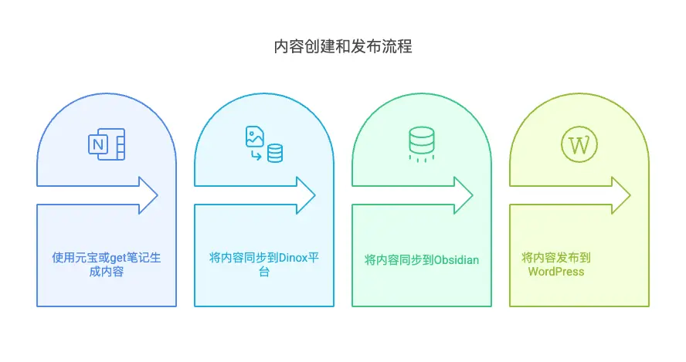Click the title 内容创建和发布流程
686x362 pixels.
tap(343, 47)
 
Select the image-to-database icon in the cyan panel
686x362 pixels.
tap(263, 144)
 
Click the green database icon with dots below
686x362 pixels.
tap(421, 144)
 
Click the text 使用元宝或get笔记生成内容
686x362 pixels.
tap(106, 265)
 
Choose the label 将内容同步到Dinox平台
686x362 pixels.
tap(263, 265)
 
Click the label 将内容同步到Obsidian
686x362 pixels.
tap(421, 259)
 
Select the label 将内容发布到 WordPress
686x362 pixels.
tap(556, 265)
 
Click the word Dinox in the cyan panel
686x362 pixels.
tap(293, 258)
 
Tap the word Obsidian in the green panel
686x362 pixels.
tap(456, 259)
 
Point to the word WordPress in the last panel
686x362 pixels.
tap(556, 272)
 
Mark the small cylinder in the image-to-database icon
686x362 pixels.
tap(274, 153)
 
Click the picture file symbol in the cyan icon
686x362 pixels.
tap(254, 137)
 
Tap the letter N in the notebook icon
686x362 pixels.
tap(98, 145)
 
